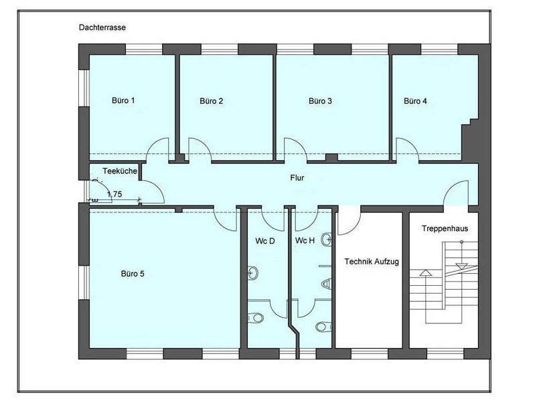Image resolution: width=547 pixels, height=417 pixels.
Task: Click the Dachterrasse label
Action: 102,27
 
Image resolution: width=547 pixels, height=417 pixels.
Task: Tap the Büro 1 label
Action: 123,100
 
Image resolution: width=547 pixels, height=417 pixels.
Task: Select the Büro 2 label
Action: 212,101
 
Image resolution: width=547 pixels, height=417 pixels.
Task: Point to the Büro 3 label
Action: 320,101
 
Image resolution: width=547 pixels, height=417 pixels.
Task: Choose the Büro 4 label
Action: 415,101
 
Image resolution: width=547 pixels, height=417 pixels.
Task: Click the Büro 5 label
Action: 133,274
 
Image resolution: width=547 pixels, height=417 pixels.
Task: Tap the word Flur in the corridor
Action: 297,178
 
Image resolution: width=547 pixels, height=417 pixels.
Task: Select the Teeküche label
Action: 120,171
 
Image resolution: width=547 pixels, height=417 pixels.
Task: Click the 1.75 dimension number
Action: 114,194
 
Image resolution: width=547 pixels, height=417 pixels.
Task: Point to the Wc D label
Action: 265,241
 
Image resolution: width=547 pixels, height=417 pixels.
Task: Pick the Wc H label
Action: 305,240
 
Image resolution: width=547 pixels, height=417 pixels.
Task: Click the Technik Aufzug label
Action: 372,262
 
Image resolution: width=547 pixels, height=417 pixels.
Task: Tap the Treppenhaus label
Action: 445,229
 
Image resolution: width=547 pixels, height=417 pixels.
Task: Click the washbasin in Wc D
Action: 252,272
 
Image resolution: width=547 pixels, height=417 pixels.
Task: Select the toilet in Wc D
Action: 255,318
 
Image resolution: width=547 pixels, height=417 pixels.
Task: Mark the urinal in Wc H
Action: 326,284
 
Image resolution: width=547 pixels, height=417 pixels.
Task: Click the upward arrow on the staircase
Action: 426,272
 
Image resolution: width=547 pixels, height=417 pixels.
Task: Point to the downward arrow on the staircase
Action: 462,267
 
